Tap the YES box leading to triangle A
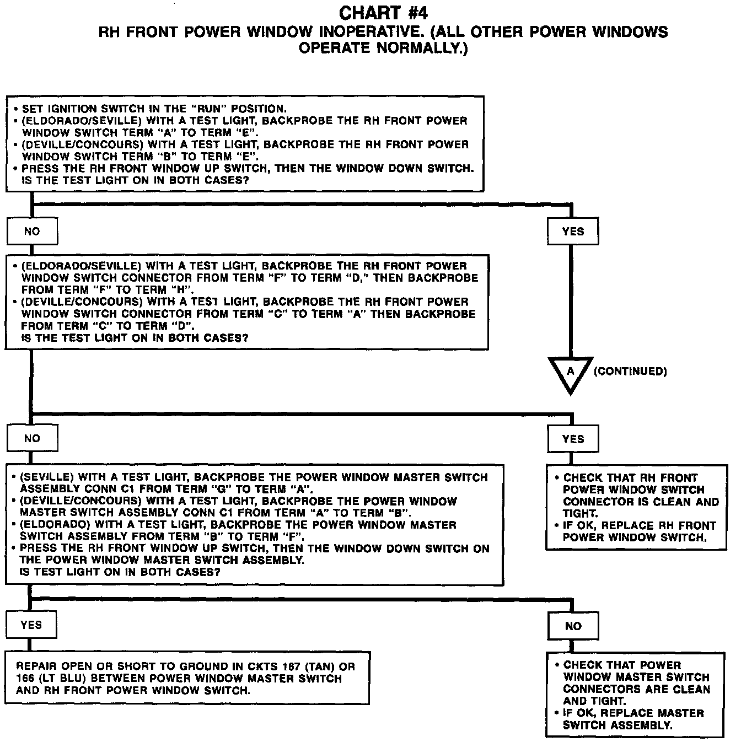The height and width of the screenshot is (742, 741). [x=573, y=232]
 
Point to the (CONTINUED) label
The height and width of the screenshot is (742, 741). [x=630, y=372]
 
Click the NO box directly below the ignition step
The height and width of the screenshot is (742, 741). [x=32, y=232]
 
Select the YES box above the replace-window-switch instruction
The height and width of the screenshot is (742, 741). [x=573, y=439]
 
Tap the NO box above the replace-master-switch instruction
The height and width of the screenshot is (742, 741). [x=573, y=626]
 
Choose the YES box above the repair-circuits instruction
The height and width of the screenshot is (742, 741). [x=31, y=625]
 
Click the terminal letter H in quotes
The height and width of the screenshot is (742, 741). [x=182, y=290]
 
